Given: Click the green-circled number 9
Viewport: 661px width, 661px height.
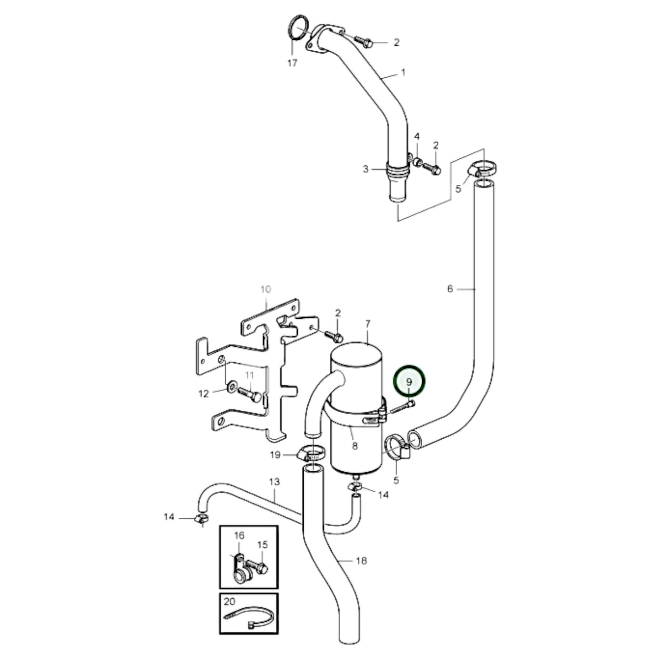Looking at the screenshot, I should click(409, 382).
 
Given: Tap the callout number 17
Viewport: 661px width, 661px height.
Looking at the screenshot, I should click(292, 63).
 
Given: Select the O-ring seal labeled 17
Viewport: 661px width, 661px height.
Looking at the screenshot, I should click(298, 28).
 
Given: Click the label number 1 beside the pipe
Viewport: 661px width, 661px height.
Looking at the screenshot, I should click(403, 72).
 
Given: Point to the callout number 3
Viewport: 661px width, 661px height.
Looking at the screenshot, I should click(365, 169).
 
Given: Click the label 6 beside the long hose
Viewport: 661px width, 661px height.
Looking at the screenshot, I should click(450, 289).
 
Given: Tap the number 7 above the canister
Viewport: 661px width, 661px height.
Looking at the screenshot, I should click(368, 324).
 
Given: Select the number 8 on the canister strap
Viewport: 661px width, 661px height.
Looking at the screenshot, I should click(355, 445).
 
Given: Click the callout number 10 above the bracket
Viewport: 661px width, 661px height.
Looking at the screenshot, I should click(266, 289).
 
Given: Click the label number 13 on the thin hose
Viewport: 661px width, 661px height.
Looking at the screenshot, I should click(274, 482).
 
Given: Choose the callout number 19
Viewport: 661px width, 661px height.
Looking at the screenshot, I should click(275, 455).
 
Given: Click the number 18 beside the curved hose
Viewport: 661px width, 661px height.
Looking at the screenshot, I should click(361, 560).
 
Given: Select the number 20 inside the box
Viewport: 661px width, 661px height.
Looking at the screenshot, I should click(229, 601).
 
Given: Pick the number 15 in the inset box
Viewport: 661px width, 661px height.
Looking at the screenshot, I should click(262, 545).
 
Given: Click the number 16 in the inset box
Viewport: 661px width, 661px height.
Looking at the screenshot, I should click(239, 536).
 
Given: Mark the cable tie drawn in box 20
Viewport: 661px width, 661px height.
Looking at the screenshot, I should click(251, 618).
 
